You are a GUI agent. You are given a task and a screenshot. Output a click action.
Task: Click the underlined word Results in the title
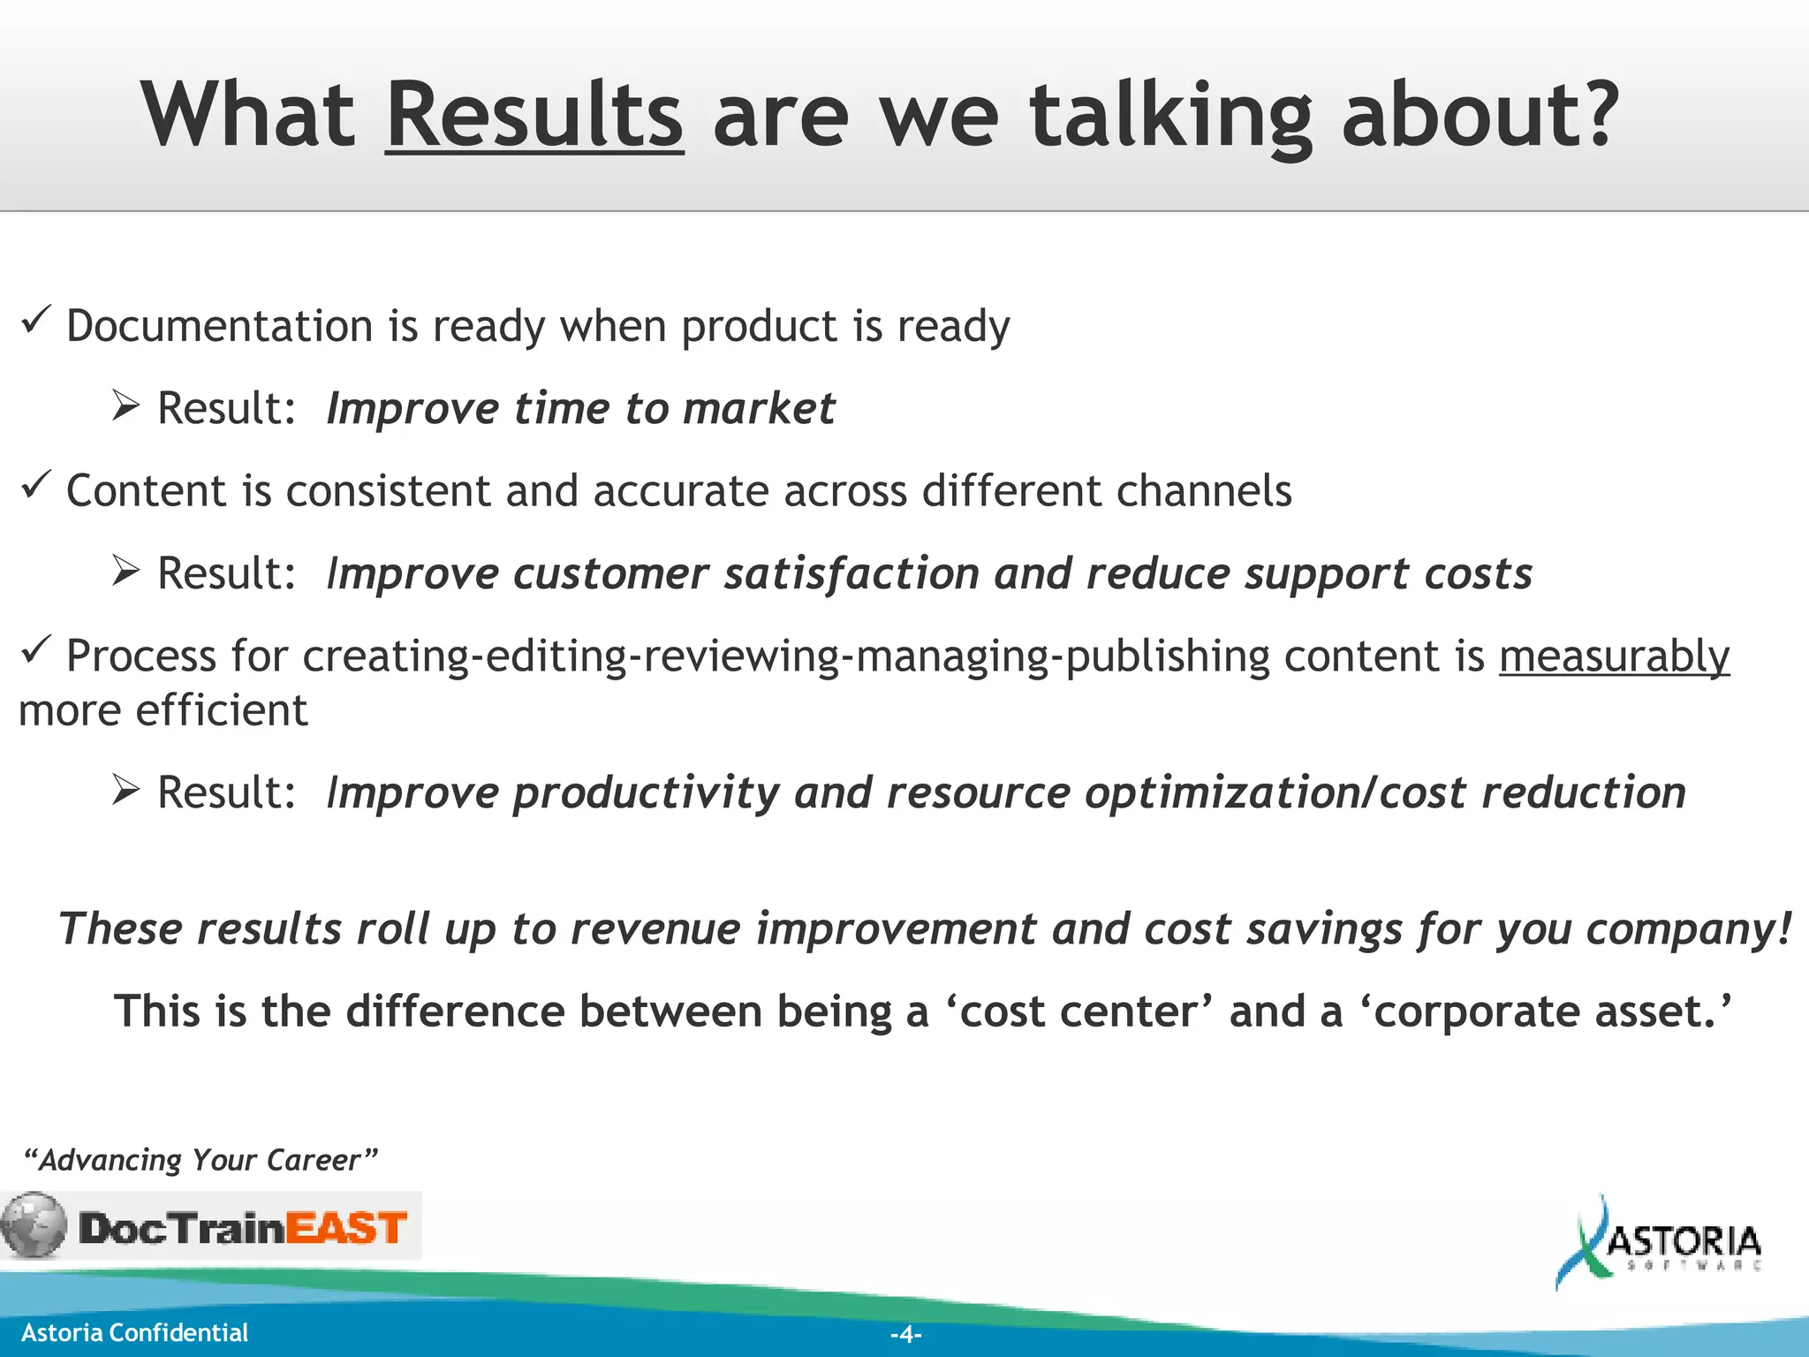tap(534, 115)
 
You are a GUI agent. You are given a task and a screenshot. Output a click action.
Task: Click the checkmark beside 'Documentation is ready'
tap(36, 321)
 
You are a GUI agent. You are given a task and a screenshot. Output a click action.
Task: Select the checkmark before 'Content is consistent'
tap(36, 485)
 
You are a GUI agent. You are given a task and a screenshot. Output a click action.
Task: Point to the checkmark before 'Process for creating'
tap(36, 650)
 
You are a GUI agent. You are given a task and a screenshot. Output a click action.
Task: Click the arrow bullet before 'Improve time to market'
tap(126, 406)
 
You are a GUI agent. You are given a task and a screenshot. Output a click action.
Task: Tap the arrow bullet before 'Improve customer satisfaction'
tap(126, 572)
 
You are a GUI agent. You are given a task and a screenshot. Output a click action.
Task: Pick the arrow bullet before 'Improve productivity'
tap(126, 790)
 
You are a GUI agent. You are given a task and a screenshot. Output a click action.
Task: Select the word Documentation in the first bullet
tap(220, 326)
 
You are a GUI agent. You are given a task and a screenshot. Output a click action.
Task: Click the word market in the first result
tap(759, 408)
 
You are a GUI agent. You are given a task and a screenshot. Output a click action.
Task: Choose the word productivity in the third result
tap(646, 793)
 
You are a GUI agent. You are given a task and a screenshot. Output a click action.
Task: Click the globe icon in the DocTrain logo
tap(34, 1225)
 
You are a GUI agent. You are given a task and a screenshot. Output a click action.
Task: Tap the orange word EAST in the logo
tap(346, 1228)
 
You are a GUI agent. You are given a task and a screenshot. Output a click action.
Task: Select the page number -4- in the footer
tap(905, 1334)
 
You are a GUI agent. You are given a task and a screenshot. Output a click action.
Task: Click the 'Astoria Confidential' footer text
tap(134, 1332)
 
